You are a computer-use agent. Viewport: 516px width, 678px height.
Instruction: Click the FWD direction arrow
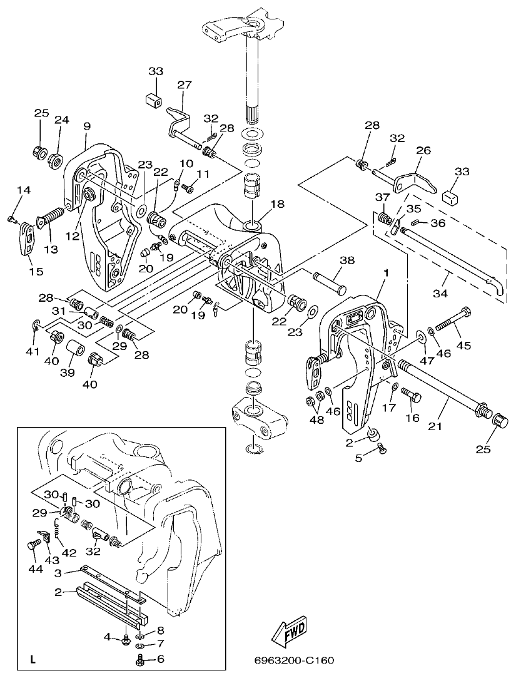pyautogui.click(x=290, y=633)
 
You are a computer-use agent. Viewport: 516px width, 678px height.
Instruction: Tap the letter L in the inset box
pyautogui.click(x=33, y=659)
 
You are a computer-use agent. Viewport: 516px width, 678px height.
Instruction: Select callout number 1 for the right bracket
pyautogui.click(x=386, y=273)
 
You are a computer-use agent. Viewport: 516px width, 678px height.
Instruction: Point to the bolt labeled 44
pyautogui.click(x=32, y=545)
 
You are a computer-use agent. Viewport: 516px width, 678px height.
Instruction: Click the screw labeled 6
pyautogui.click(x=140, y=660)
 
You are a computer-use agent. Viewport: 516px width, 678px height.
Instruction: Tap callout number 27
pyautogui.click(x=183, y=85)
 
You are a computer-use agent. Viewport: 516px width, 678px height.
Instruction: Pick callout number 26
pyautogui.click(x=423, y=151)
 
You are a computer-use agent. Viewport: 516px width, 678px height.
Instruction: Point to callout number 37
pyautogui.click(x=382, y=198)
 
